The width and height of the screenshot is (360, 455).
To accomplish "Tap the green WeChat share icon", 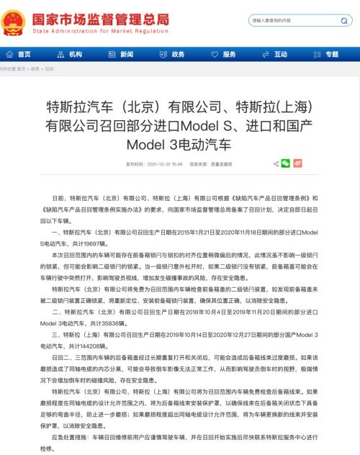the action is coord(285,163).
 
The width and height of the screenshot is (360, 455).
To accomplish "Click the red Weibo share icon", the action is coord(297,163).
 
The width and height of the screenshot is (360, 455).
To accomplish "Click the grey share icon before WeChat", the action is coord(276,163).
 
